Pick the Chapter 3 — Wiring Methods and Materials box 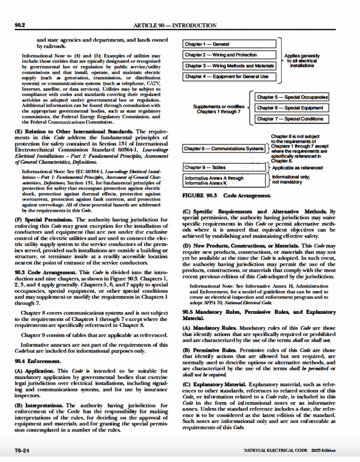tap(229, 65)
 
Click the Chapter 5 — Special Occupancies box tap(292, 97)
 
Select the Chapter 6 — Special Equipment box tap(292, 107)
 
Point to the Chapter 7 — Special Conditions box tap(292, 119)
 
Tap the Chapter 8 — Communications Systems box tap(224, 148)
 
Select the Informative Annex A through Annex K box tap(224, 181)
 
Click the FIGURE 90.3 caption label tap(200, 196)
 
